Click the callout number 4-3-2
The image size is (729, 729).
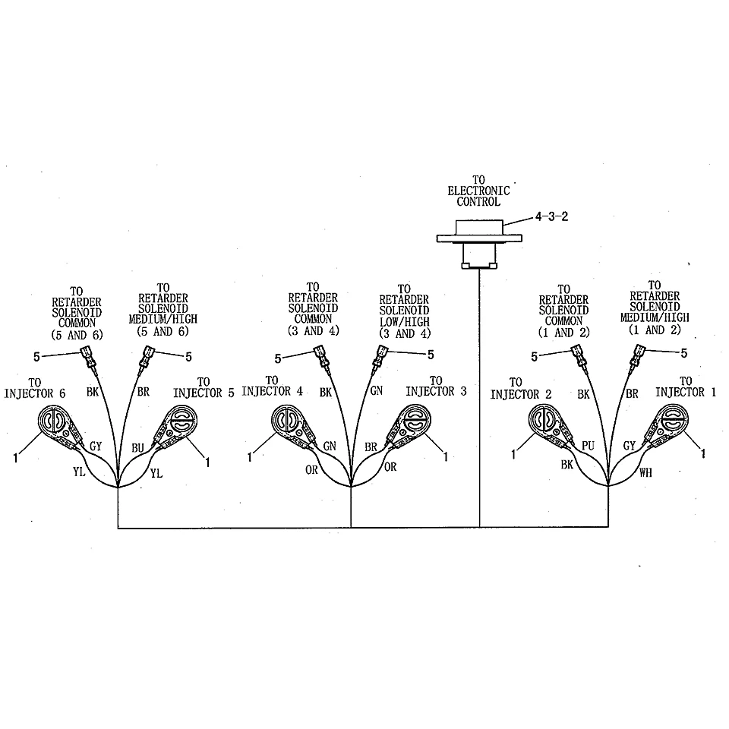[551, 216]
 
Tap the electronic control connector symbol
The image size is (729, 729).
[479, 244]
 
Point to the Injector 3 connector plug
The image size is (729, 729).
[409, 426]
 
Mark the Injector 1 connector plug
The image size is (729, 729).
[667, 426]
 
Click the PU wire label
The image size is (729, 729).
[588, 446]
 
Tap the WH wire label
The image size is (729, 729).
[645, 473]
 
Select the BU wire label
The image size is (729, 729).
[137, 448]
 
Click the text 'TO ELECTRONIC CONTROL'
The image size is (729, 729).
[479, 191]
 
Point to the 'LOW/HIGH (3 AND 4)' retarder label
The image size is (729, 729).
[405, 328]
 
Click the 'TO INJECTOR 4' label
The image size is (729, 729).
[272, 387]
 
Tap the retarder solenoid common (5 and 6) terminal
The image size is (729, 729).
[90, 360]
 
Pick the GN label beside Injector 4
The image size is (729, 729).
[330, 447]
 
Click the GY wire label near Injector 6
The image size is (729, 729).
[96, 447]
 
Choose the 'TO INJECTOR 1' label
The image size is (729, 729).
[686, 387]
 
